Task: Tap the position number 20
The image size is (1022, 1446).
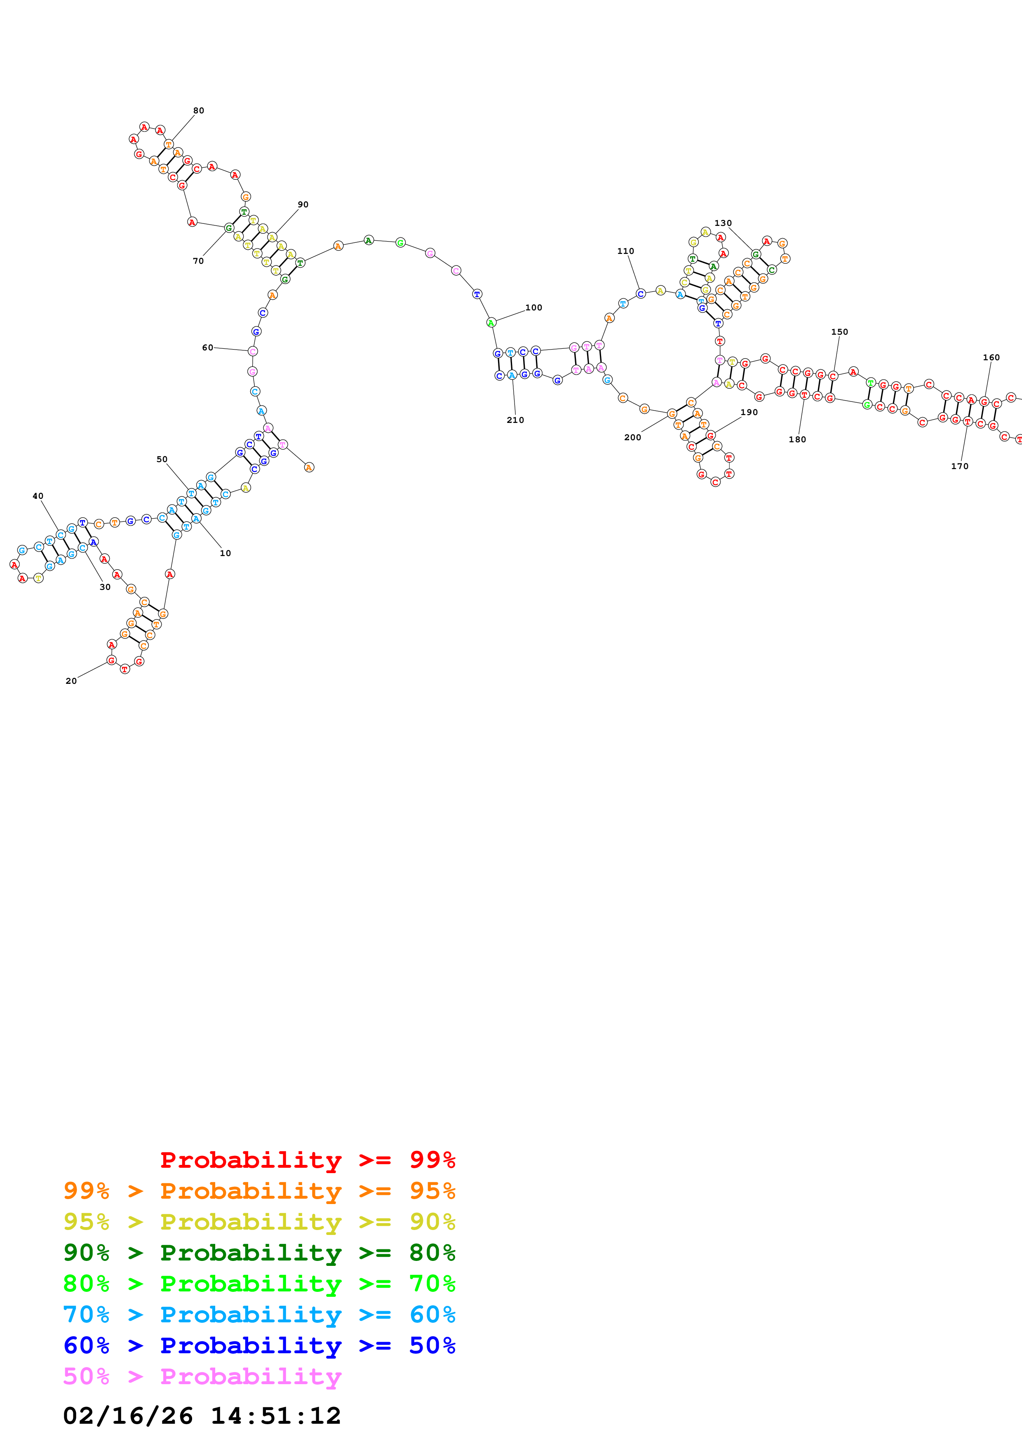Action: click(x=71, y=681)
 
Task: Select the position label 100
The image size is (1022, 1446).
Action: click(x=533, y=308)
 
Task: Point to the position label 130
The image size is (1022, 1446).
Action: click(x=723, y=223)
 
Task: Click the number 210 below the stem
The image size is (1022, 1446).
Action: click(x=515, y=420)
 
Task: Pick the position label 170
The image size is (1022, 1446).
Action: click(x=960, y=466)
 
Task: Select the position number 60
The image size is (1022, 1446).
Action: click(x=207, y=347)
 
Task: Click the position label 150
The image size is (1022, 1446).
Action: click(x=839, y=332)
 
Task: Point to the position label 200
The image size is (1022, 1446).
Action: click(x=632, y=437)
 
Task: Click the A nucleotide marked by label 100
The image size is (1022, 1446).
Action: click(x=491, y=322)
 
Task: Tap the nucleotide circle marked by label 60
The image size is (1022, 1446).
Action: click(x=252, y=352)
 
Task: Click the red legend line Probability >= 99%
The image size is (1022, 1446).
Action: click(x=307, y=1160)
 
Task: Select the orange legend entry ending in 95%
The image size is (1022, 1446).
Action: click(x=259, y=1191)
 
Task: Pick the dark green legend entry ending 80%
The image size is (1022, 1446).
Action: click(x=259, y=1253)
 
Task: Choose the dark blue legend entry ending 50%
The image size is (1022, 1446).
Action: click(x=259, y=1345)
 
